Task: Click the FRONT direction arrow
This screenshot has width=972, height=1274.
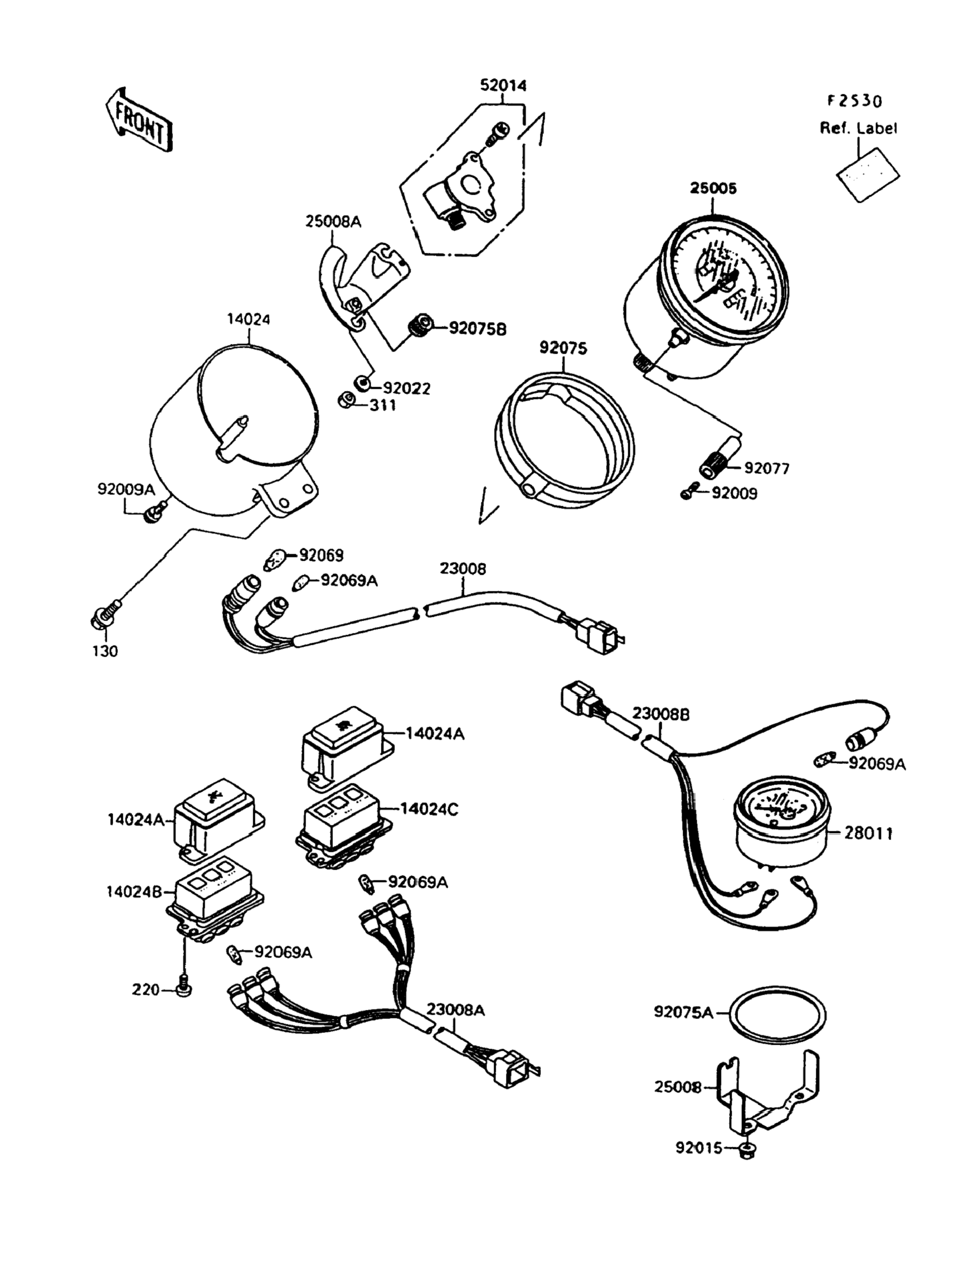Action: [x=140, y=120]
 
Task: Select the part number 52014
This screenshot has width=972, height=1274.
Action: [x=503, y=86]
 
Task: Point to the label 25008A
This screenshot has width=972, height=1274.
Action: [x=334, y=222]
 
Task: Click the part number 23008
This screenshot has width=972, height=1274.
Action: [x=463, y=569]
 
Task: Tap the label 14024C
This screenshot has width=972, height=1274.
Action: [x=429, y=809]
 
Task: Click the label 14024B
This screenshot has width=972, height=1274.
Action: [x=134, y=892]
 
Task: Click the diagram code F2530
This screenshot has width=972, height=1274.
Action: [x=854, y=101]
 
